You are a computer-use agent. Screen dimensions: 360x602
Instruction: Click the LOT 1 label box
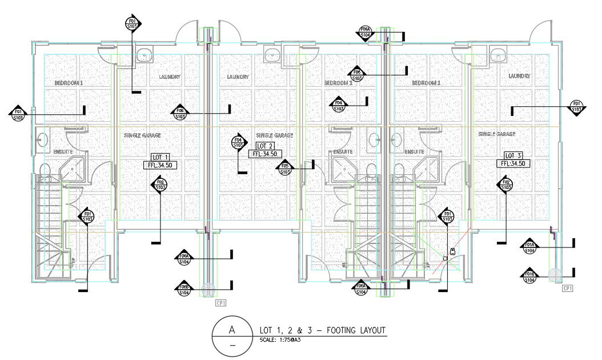[160, 157]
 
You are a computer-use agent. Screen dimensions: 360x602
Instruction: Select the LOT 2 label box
[264, 146]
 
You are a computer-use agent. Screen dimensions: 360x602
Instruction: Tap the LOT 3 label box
[513, 155]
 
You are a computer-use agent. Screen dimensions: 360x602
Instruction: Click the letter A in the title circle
[231, 330]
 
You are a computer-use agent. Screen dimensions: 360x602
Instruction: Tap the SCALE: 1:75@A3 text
[280, 341]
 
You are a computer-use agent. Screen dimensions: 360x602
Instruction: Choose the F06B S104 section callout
[184, 289]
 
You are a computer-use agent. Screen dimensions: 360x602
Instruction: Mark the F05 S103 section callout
[286, 167]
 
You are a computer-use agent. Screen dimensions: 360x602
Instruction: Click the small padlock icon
[452, 251]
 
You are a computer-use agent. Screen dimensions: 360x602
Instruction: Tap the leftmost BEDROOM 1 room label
[69, 83]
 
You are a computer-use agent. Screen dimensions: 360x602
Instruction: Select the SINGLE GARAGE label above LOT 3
[497, 134]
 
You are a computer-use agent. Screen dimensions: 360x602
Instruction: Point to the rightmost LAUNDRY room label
[519, 76]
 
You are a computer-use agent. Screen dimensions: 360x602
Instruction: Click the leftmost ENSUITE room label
[63, 152]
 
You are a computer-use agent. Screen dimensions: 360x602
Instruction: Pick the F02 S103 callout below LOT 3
[505, 185]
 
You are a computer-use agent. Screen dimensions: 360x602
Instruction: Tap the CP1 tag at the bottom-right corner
[567, 289]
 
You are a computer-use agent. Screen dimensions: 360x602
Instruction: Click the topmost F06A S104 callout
[365, 32]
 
